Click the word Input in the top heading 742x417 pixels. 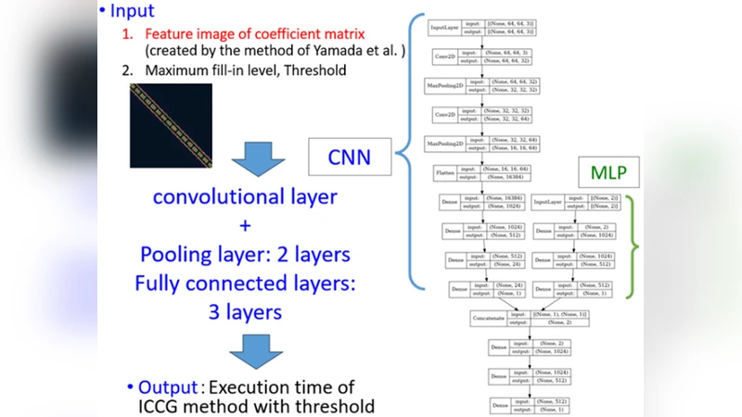[x=134, y=11]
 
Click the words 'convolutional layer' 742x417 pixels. [x=246, y=197]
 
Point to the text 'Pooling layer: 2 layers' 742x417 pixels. [x=246, y=254]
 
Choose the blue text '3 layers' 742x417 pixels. [x=246, y=312]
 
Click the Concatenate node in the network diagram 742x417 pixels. [x=492, y=319]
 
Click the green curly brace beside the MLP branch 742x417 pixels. [x=633, y=246]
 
